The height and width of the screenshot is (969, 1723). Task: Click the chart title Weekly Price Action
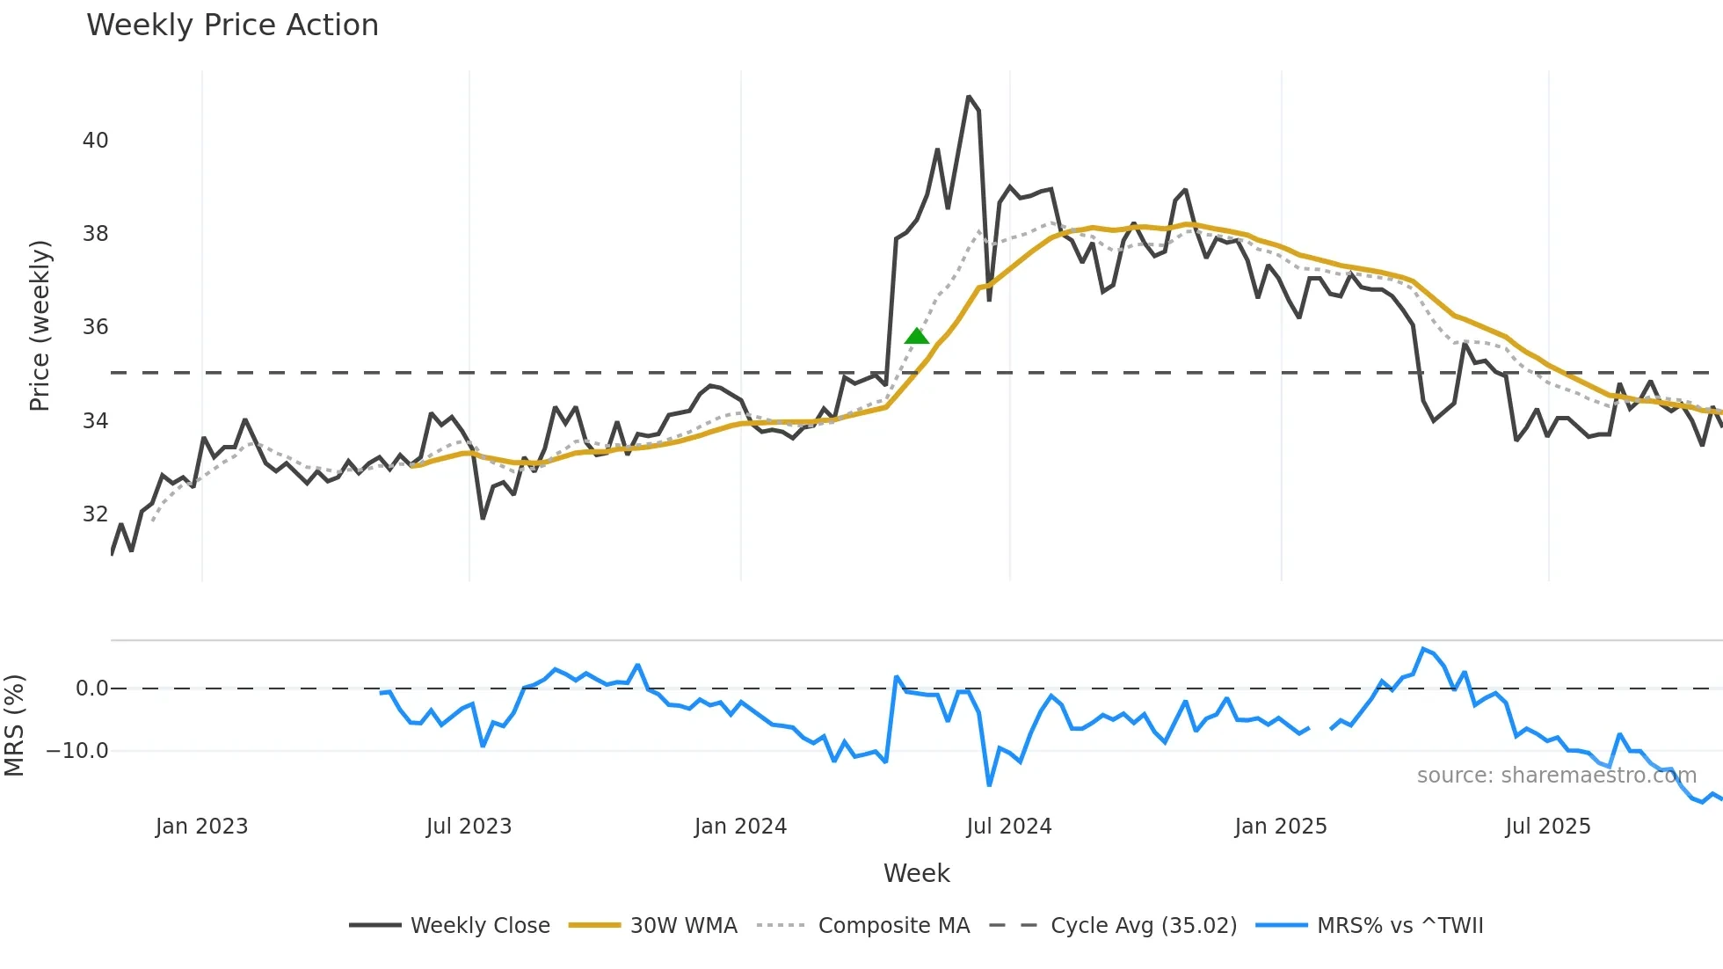(x=232, y=25)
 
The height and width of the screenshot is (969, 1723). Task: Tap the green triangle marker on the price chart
(x=917, y=336)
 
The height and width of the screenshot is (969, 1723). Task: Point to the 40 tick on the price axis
(x=95, y=141)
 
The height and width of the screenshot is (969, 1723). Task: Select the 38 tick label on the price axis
(x=95, y=234)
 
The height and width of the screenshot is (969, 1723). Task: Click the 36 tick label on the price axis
(x=95, y=327)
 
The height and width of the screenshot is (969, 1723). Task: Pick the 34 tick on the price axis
(x=95, y=421)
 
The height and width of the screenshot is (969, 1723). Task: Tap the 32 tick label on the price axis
(x=95, y=514)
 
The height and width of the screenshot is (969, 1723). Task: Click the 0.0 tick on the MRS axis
(x=91, y=688)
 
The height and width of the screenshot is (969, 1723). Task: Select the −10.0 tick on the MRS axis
(x=77, y=751)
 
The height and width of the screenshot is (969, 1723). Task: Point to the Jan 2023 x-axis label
(x=201, y=827)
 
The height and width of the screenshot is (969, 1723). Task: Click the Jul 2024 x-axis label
(x=1008, y=827)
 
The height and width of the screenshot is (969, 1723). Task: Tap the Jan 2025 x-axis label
(x=1280, y=827)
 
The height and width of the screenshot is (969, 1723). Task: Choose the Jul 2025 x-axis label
(x=1547, y=827)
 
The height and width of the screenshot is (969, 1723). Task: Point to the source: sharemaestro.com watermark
(x=1556, y=776)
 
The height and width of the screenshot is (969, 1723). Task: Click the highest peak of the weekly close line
(x=968, y=97)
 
